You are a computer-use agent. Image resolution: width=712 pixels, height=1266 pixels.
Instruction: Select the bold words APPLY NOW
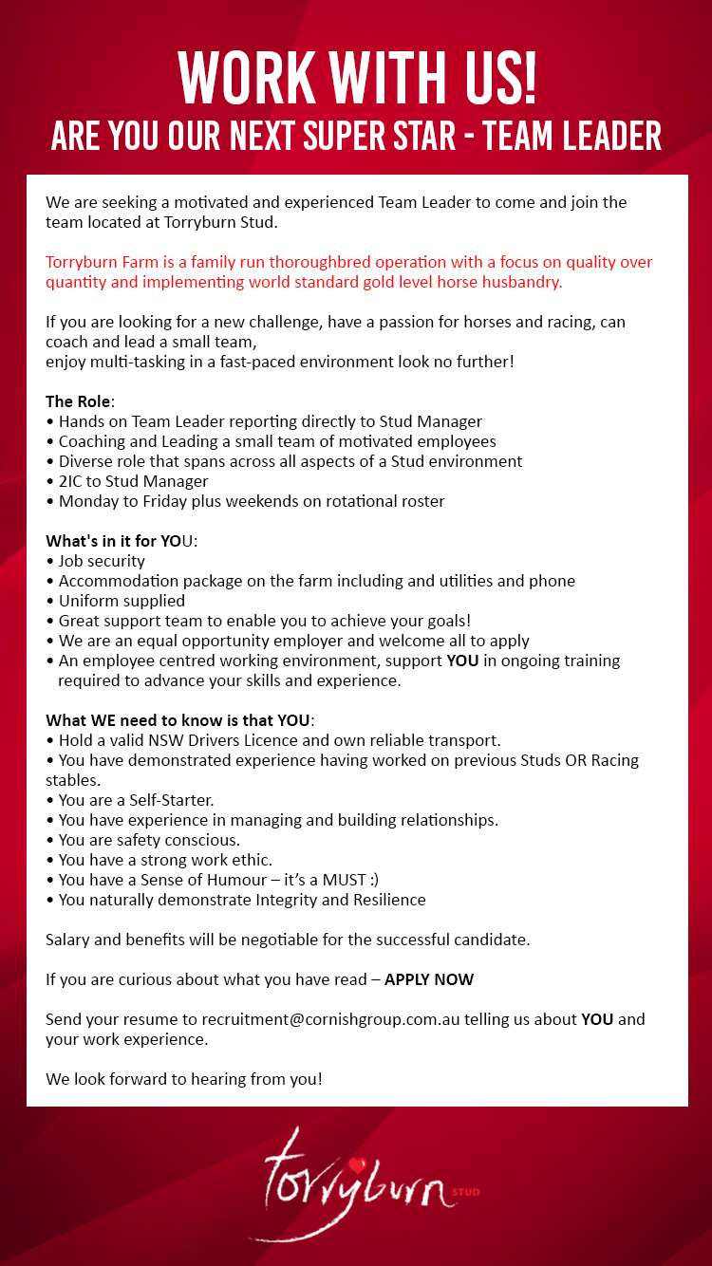pos(429,979)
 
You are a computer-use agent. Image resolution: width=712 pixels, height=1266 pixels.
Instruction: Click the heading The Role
pos(78,401)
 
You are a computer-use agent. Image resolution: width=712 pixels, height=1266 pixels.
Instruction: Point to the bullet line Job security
pos(102,561)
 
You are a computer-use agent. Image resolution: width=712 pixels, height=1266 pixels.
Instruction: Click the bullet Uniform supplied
pos(122,601)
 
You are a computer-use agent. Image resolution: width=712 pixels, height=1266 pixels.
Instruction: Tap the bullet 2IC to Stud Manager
pos(133,481)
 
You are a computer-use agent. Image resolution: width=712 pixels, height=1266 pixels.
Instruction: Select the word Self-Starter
pos(171,800)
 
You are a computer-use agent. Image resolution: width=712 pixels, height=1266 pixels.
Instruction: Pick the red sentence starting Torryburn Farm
pos(349,272)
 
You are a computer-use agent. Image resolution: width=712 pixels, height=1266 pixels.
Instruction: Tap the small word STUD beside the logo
pos(466,1192)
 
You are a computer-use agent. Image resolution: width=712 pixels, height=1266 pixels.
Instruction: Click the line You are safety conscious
pos(149,840)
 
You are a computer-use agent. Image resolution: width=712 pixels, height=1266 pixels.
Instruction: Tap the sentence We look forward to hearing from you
pos(184,1079)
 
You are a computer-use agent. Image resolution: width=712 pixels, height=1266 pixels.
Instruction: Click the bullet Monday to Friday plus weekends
pos(252,501)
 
